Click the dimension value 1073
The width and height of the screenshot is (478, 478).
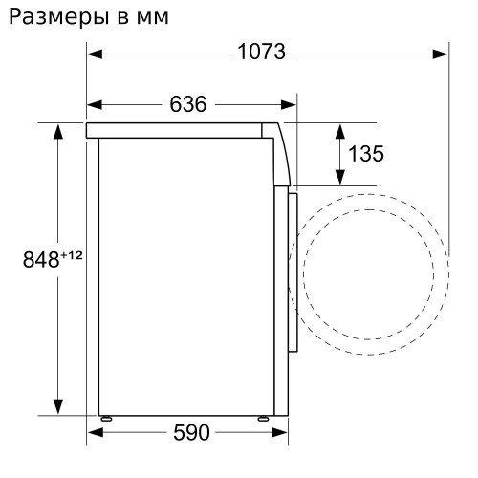(261, 53)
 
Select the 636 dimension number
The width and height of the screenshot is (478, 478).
(187, 104)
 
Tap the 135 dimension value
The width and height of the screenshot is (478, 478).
(365, 154)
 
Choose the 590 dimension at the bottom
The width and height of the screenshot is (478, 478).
(190, 433)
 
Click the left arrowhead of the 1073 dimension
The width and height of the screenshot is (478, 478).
(93, 54)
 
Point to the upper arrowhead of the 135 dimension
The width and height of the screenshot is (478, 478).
(338, 128)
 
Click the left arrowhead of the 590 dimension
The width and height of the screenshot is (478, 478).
(93, 433)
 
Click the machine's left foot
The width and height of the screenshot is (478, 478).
(105, 418)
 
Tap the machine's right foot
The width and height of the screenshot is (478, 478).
(262, 418)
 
